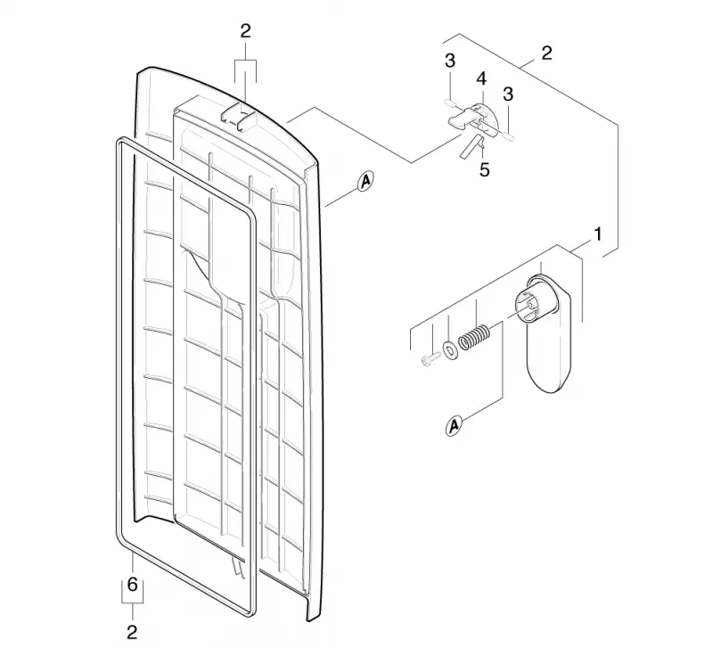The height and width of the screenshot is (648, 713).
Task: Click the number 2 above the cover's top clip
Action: (245, 31)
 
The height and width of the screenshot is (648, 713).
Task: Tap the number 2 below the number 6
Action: (132, 633)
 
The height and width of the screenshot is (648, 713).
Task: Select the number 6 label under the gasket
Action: (132, 585)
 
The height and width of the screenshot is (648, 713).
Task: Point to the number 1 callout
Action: (598, 234)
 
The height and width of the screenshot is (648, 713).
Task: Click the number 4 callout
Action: (481, 78)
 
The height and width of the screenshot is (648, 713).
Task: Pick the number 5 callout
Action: (485, 169)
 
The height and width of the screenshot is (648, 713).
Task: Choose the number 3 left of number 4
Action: (450, 61)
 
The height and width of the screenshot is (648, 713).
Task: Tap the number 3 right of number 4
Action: (508, 94)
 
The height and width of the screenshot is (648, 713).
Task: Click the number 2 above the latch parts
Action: (546, 53)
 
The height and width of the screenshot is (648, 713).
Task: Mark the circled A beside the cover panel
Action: (365, 182)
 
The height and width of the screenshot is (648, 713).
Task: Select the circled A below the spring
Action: (454, 426)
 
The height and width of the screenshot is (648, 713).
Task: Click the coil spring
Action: (474, 337)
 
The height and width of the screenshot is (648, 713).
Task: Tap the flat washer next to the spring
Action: (450, 349)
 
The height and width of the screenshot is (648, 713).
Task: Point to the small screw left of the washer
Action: (430, 359)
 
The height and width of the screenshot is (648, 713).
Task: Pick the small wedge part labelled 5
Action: (471, 146)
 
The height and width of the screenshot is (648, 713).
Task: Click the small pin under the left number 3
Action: (450, 103)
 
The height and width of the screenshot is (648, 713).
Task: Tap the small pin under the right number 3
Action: (508, 135)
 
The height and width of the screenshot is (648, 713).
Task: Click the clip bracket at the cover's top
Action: (239, 118)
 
